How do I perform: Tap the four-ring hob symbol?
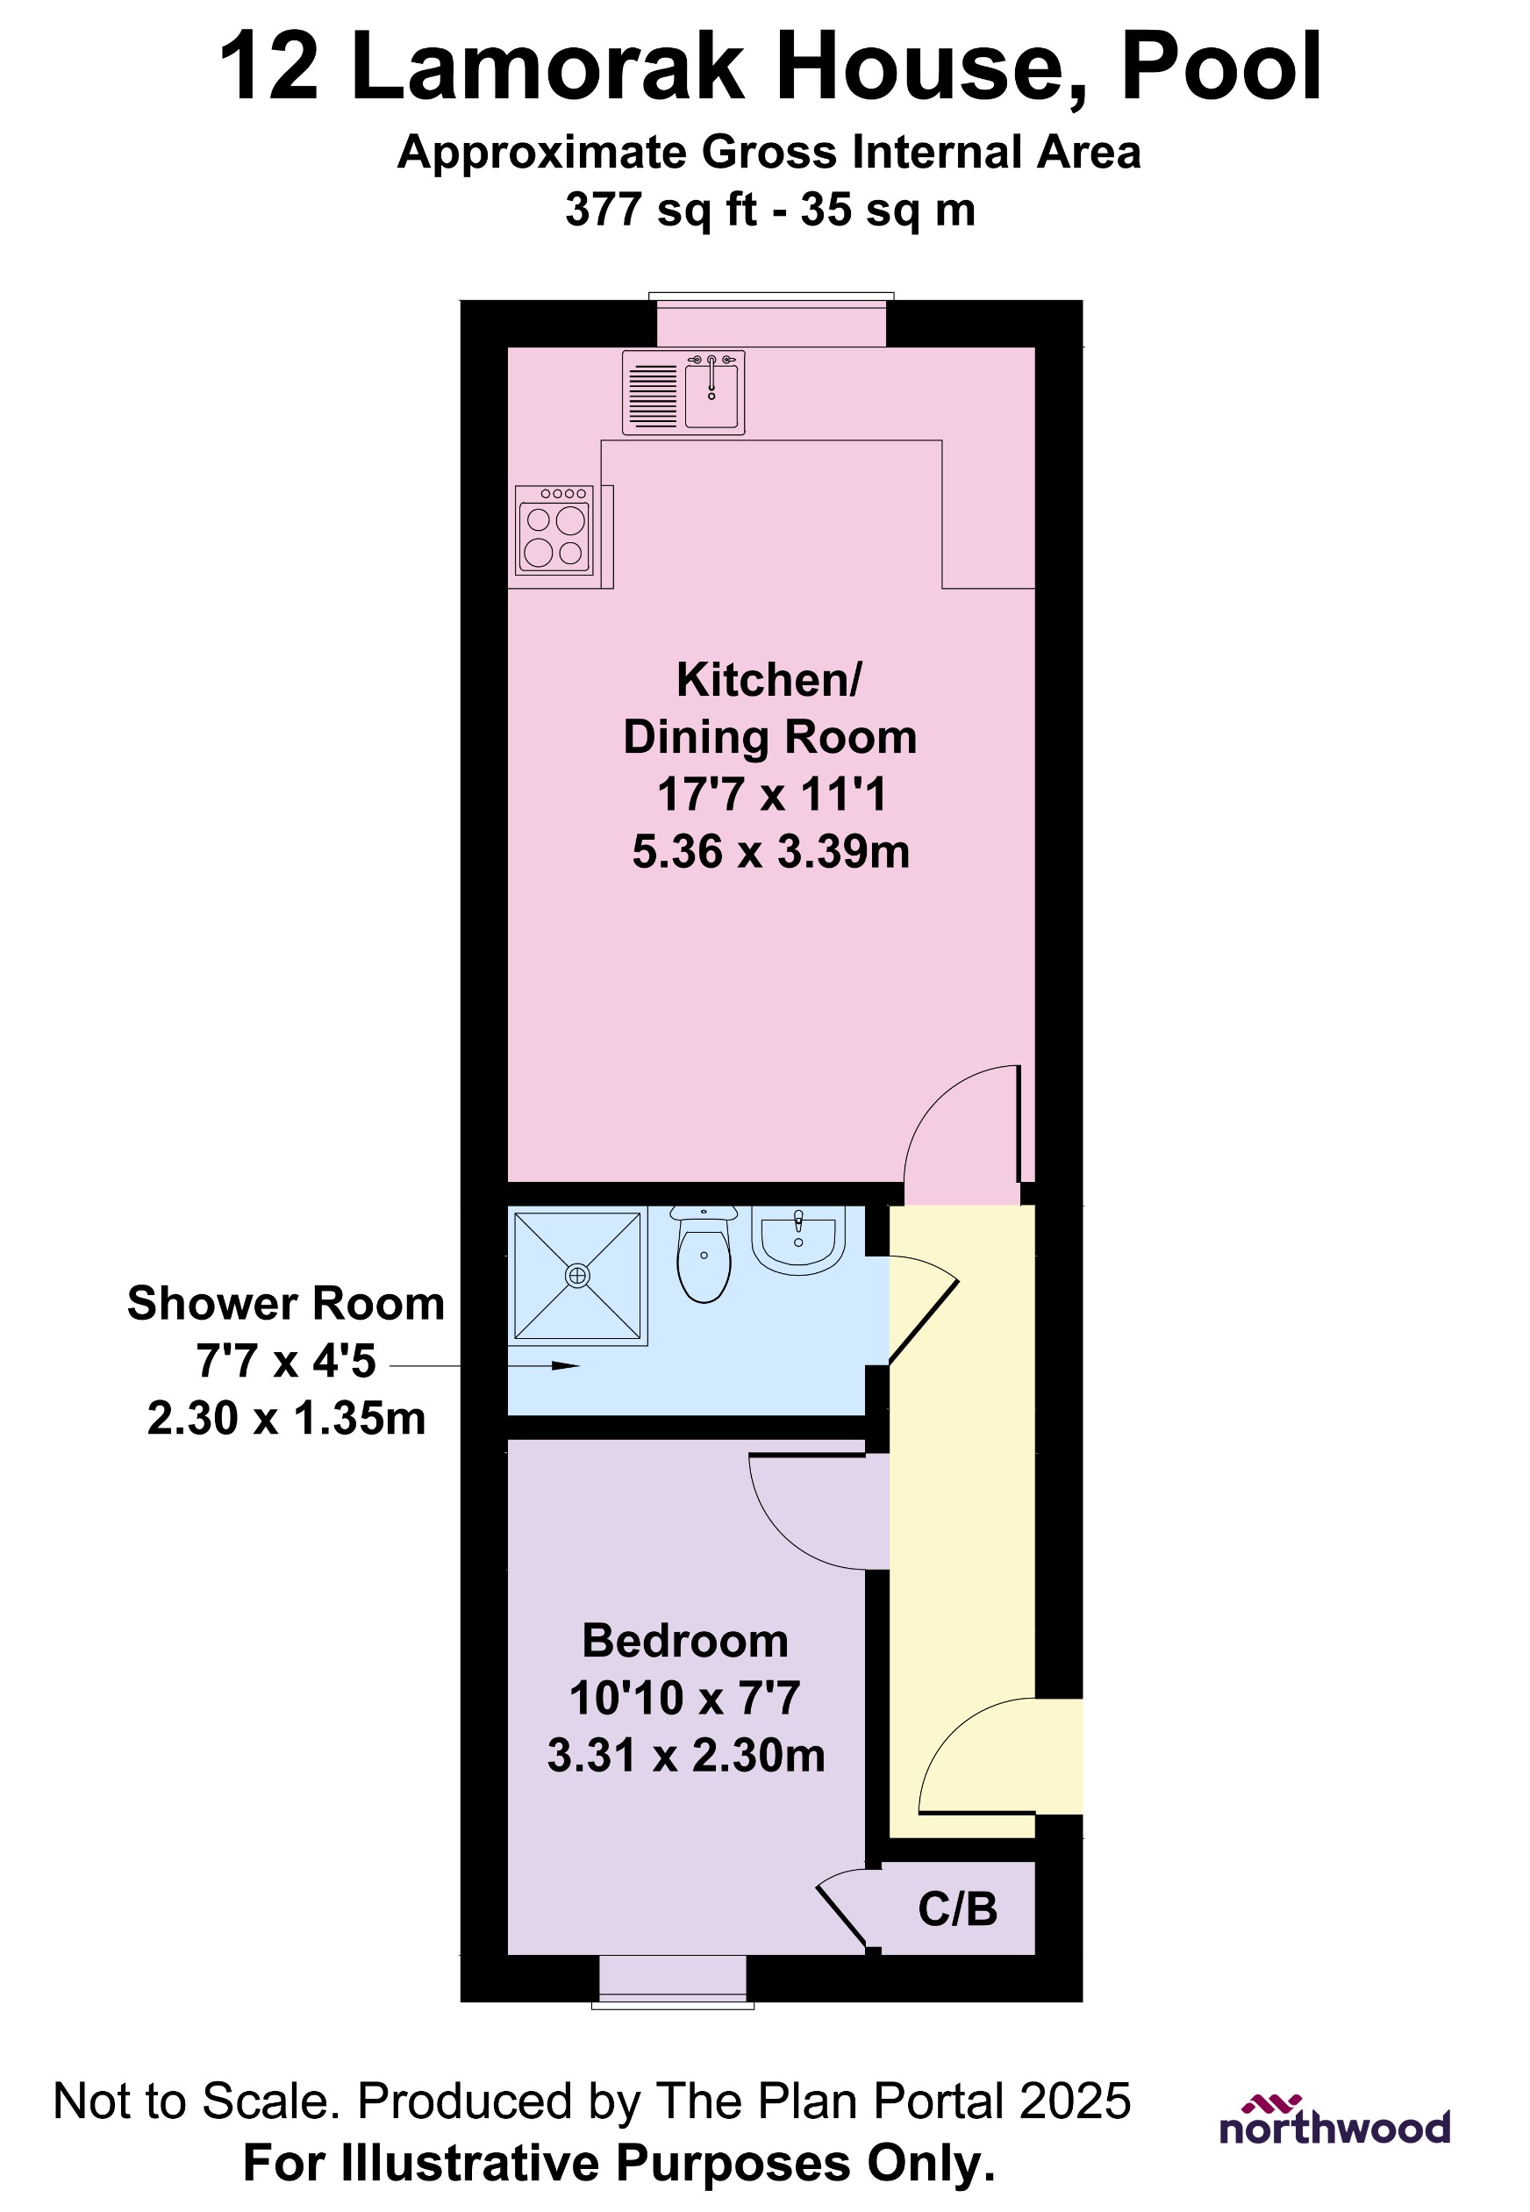tap(554, 530)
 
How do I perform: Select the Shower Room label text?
tap(286, 1304)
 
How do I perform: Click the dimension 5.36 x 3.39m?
tap(771, 851)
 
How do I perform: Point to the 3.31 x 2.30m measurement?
tap(685, 1756)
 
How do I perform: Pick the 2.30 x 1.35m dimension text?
tap(286, 1418)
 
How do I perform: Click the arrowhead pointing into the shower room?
tap(568, 1365)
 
